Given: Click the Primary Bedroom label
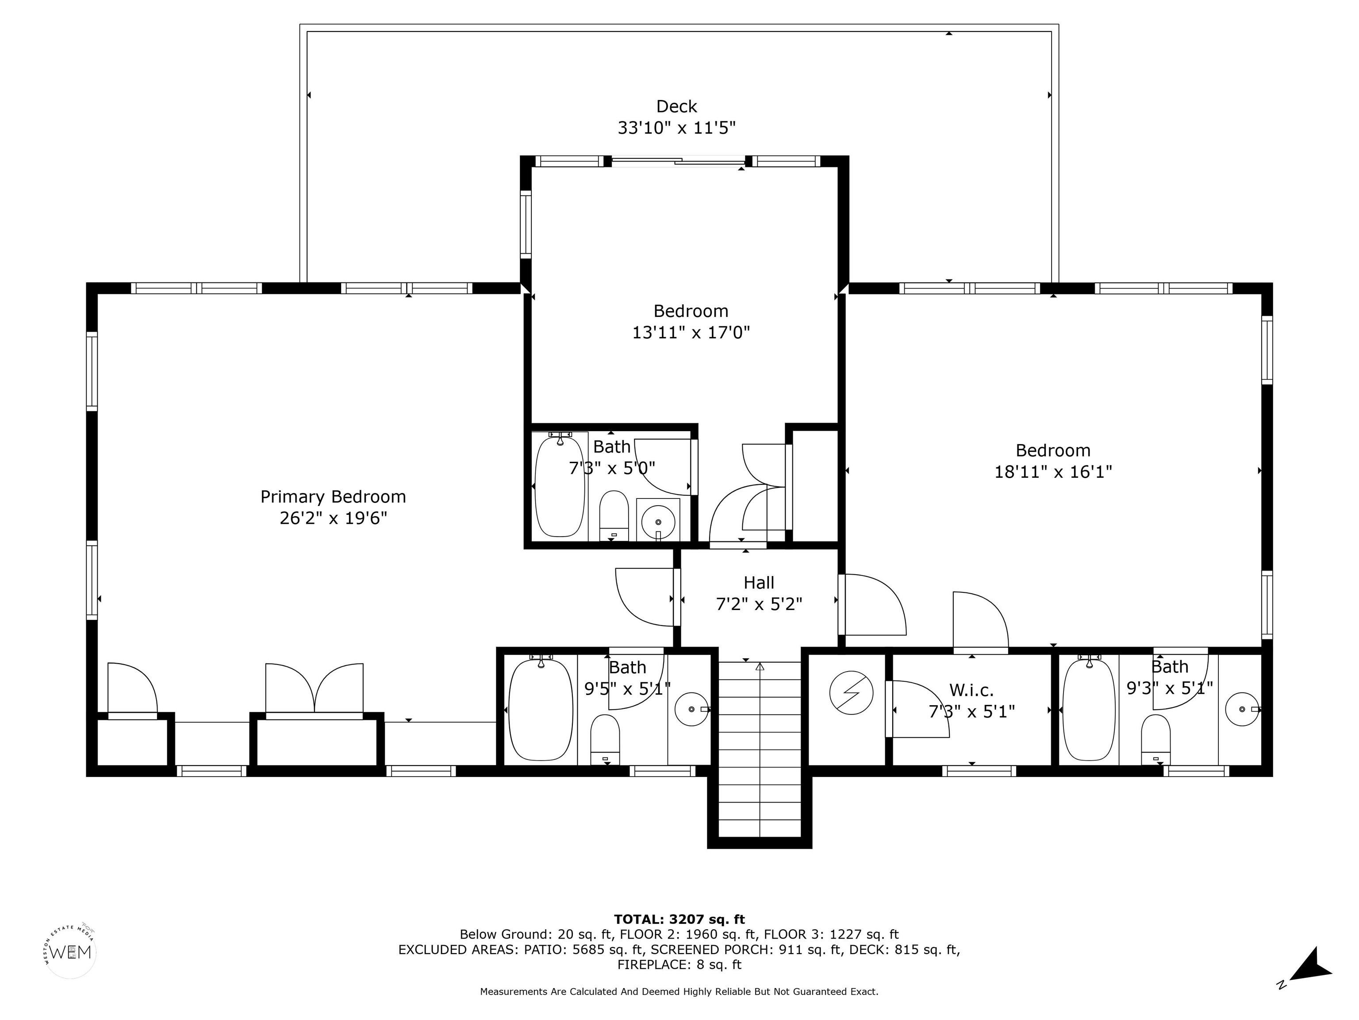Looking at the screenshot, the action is (x=333, y=497).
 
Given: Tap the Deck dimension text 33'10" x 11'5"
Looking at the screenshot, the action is (x=676, y=128).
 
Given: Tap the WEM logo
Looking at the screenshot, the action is (x=71, y=952).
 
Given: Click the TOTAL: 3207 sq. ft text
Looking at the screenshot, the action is (x=679, y=919).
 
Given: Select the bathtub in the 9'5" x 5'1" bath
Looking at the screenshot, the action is (x=541, y=709).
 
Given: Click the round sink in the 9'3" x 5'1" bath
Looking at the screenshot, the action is (x=1242, y=709).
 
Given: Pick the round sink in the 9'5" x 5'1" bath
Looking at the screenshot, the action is (x=692, y=709).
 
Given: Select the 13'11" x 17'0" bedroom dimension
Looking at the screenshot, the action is (x=691, y=332).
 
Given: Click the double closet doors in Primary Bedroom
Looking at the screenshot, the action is (x=315, y=689).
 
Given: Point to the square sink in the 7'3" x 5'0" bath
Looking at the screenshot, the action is (x=658, y=520).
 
